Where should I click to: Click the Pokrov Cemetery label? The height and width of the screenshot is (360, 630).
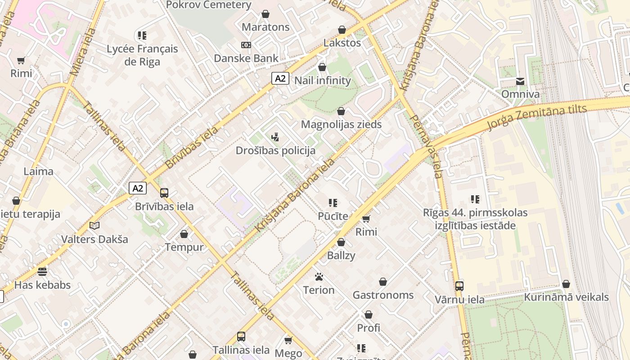point(208,5)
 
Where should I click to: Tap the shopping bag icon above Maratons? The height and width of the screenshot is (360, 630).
point(265,14)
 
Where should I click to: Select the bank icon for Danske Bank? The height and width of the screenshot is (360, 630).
point(246,45)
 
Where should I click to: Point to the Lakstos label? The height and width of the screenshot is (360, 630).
point(342,43)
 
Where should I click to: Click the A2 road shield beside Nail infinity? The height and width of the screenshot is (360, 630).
point(280,78)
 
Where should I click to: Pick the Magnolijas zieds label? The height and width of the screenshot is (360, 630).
point(341,124)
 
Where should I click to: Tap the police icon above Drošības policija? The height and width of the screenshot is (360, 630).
point(275,137)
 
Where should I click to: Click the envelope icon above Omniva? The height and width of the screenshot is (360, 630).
point(520,81)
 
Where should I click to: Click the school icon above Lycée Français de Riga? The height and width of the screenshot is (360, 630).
point(142,36)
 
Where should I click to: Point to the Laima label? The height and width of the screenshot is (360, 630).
point(38,171)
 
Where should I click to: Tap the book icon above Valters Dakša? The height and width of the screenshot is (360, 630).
point(94,225)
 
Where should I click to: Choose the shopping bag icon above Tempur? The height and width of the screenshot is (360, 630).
point(184,234)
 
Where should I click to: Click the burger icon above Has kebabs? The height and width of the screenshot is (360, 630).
point(42,271)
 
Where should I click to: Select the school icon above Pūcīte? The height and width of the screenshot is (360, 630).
point(333,203)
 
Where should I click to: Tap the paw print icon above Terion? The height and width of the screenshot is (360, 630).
point(319,277)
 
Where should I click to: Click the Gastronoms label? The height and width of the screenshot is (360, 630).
point(383,295)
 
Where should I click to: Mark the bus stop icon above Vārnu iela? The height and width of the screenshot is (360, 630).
point(459,286)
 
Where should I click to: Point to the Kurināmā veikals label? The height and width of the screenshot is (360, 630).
point(566,297)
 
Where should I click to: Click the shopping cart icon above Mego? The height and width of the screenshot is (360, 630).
point(288,340)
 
